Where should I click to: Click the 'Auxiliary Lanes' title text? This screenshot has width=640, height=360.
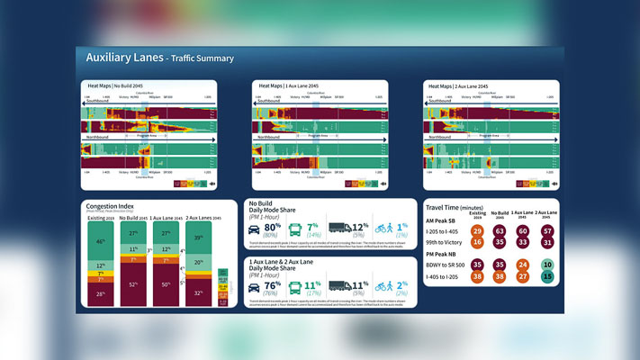(123, 58)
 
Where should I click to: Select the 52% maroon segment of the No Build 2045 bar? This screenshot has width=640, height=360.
(133, 284)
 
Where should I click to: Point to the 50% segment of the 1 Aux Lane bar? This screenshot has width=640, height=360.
(165, 284)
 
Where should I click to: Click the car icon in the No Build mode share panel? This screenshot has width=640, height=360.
(257, 229)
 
